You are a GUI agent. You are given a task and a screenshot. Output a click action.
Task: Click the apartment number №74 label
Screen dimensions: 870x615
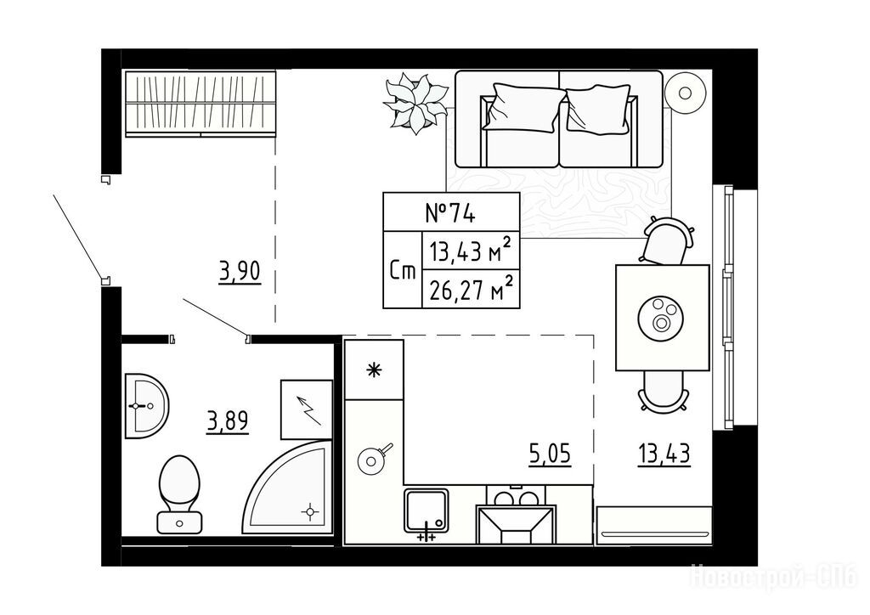click(450, 213)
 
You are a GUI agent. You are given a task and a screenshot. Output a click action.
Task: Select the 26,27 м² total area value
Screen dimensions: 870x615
click(470, 289)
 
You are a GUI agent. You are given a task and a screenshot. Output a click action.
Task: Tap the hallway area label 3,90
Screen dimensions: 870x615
click(240, 273)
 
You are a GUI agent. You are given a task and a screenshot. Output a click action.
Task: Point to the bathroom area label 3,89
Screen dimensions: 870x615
click(228, 422)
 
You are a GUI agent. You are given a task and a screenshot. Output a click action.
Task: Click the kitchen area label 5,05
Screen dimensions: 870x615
click(550, 454)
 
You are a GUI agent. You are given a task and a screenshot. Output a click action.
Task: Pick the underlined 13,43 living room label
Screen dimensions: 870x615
click(664, 454)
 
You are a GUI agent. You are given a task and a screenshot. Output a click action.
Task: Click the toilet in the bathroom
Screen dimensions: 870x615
click(179, 494)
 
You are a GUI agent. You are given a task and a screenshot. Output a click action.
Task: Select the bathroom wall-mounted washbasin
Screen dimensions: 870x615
click(146, 406)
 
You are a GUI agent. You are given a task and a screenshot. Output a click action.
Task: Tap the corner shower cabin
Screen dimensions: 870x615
click(289, 488)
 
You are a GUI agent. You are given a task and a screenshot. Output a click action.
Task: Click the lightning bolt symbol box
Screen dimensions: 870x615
click(306, 409)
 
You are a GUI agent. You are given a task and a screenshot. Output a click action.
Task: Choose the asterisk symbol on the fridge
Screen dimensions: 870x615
click(375, 370)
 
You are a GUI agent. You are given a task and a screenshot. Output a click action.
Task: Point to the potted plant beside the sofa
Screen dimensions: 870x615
click(415, 102)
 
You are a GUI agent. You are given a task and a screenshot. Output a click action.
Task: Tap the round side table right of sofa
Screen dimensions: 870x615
click(686, 93)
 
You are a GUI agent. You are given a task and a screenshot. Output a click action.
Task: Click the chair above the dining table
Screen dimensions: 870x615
click(666, 240)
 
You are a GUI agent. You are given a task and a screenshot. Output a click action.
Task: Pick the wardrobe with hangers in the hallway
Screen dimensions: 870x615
click(200, 103)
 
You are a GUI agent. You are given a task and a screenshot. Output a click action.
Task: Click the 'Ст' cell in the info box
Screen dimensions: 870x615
click(403, 270)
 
